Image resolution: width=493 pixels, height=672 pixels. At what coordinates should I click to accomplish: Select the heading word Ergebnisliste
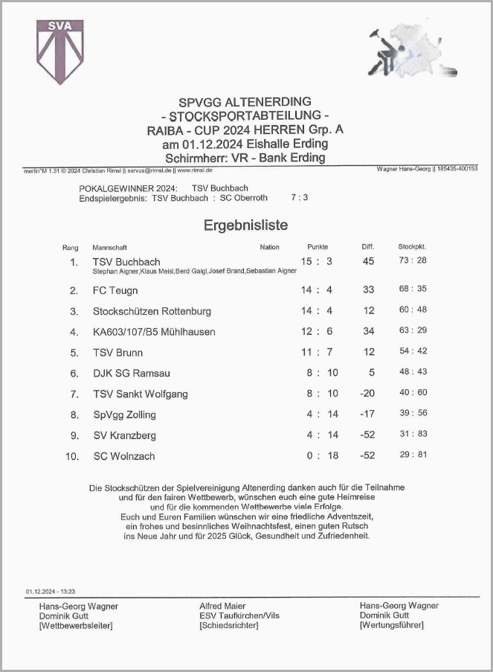point(246,225)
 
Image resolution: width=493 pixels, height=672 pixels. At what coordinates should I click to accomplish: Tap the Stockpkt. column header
point(412,246)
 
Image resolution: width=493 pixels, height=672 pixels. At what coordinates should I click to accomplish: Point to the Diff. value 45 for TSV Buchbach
point(368,261)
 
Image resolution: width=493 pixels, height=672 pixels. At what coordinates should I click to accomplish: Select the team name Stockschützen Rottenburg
point(152,311)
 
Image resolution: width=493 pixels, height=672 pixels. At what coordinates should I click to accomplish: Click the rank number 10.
point(72,456)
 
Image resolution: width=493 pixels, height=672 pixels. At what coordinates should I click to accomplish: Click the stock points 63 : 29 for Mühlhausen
point(413,331)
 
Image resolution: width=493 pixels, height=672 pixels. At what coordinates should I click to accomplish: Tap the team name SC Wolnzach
point(123,456)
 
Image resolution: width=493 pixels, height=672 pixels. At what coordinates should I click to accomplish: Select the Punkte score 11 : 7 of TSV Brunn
point(316,352)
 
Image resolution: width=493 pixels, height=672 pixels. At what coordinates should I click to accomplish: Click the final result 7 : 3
point(300,198)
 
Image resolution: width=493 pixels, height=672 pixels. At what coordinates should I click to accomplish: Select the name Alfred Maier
point(222,607)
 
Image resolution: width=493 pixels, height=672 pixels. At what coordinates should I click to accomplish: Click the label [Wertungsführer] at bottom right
point(391,625)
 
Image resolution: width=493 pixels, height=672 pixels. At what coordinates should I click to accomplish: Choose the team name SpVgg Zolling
point(124,415)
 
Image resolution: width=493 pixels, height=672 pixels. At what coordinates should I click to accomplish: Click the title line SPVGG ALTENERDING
point(245,101)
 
